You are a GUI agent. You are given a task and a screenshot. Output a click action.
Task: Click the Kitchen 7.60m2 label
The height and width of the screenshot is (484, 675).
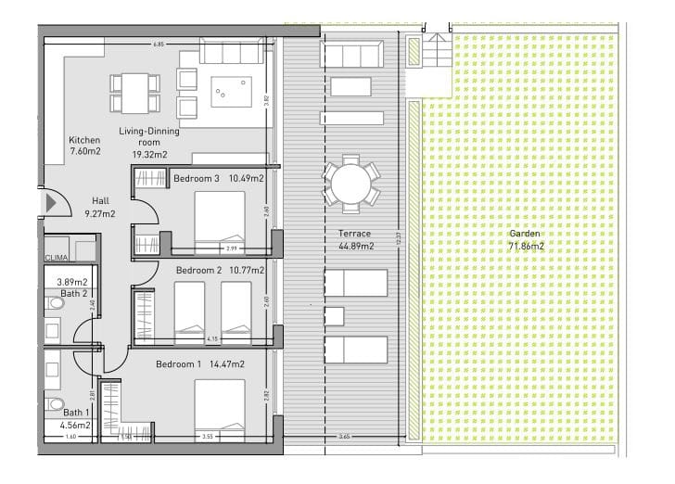[x=84, y=146]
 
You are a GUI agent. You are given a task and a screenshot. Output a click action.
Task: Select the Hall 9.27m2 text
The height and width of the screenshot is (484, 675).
[x=100, y=207]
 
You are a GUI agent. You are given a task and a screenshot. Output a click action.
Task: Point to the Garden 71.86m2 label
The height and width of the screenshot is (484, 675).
[x=526, y=240]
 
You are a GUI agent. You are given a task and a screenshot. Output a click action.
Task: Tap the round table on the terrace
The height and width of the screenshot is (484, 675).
[x=350, y=182]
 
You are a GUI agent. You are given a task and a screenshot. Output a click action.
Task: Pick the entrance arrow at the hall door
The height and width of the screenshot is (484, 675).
[x=47, y=202]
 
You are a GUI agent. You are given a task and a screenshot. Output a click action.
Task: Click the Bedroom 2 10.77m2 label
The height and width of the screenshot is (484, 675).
[x=220, y=270]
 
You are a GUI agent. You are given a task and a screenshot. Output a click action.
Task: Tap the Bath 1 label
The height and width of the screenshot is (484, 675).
[x=75, y=413]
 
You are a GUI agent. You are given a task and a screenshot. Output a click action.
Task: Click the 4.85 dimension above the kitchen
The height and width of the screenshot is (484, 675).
[x=159, y=44]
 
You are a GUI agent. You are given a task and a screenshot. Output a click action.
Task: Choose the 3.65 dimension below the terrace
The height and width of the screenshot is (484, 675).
[x=344, y=437]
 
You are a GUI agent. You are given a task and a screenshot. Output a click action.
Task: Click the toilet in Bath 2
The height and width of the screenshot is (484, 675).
[x=52, y=302]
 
